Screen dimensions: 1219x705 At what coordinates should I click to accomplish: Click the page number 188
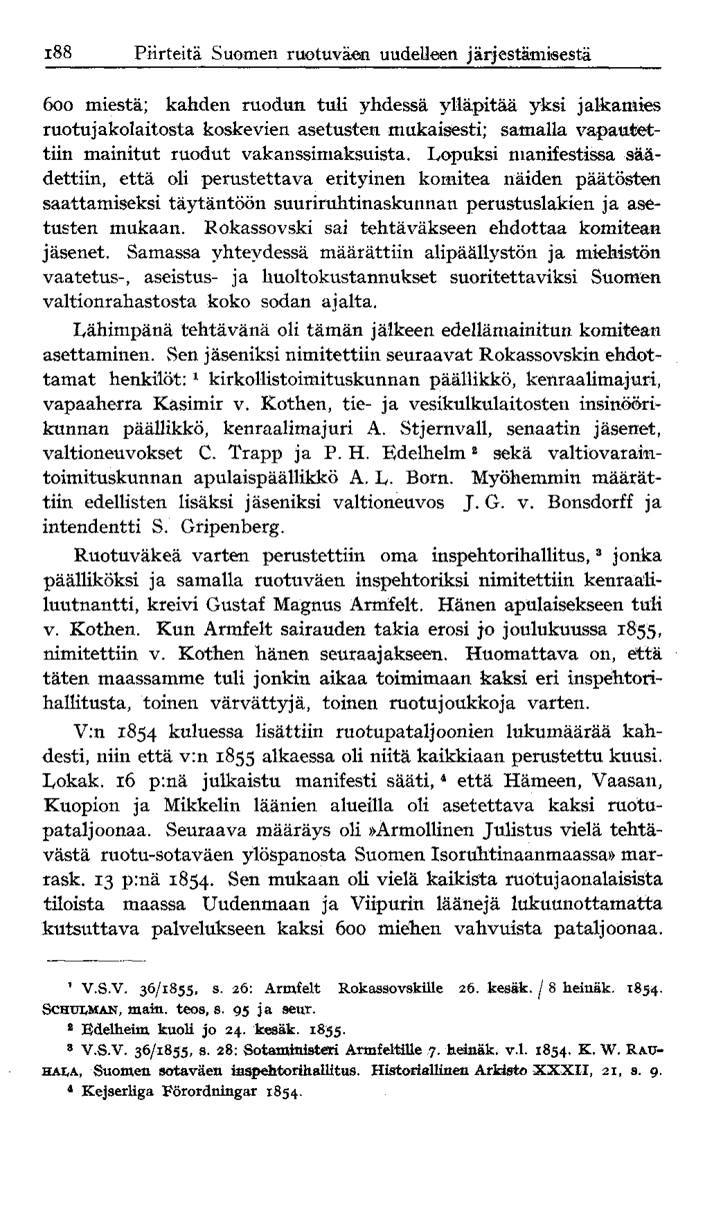(58, 53)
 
